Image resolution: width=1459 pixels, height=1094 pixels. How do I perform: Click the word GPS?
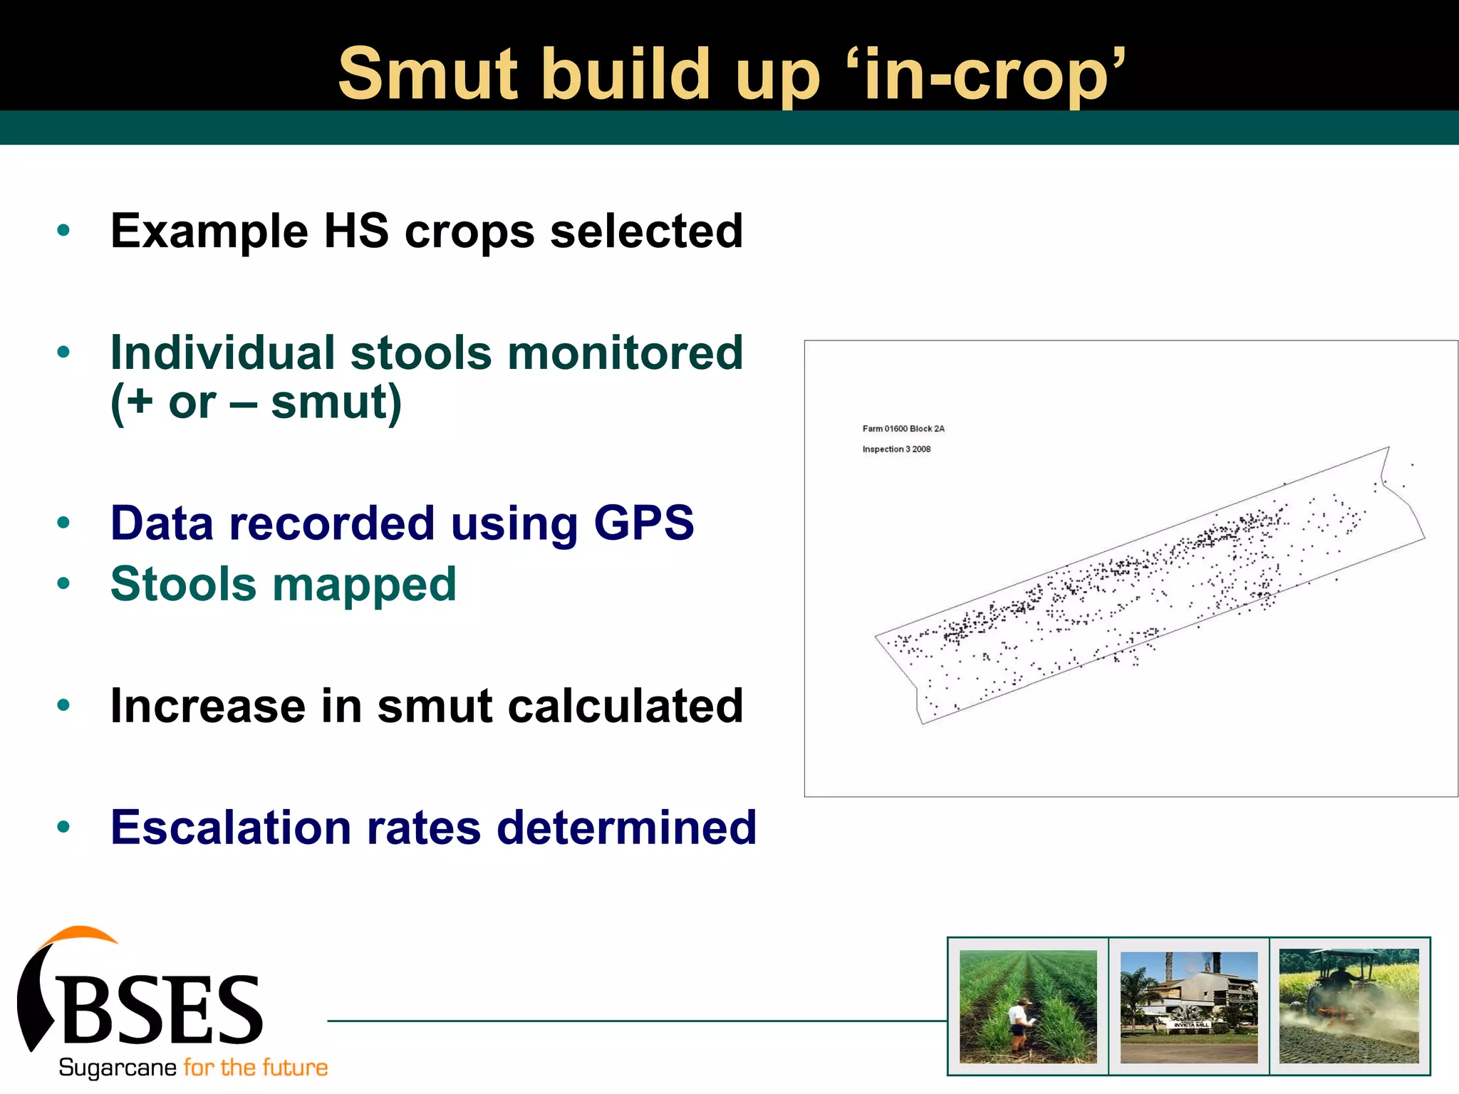coord(643,523)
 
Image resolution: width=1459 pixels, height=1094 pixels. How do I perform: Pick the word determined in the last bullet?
coord(626,828)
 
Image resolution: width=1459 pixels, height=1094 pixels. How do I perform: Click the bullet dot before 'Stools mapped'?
coord(63,584)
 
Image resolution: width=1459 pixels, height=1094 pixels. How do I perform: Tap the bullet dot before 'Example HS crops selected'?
coord(63,230)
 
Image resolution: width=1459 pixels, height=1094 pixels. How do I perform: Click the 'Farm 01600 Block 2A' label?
coord(903,429)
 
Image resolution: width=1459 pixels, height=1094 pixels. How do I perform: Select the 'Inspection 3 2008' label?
coord(895,449)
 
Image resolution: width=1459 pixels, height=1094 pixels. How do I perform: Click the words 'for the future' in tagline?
coord(255,1068)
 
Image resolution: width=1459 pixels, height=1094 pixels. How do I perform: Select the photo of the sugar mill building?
coord(1188,1006)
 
